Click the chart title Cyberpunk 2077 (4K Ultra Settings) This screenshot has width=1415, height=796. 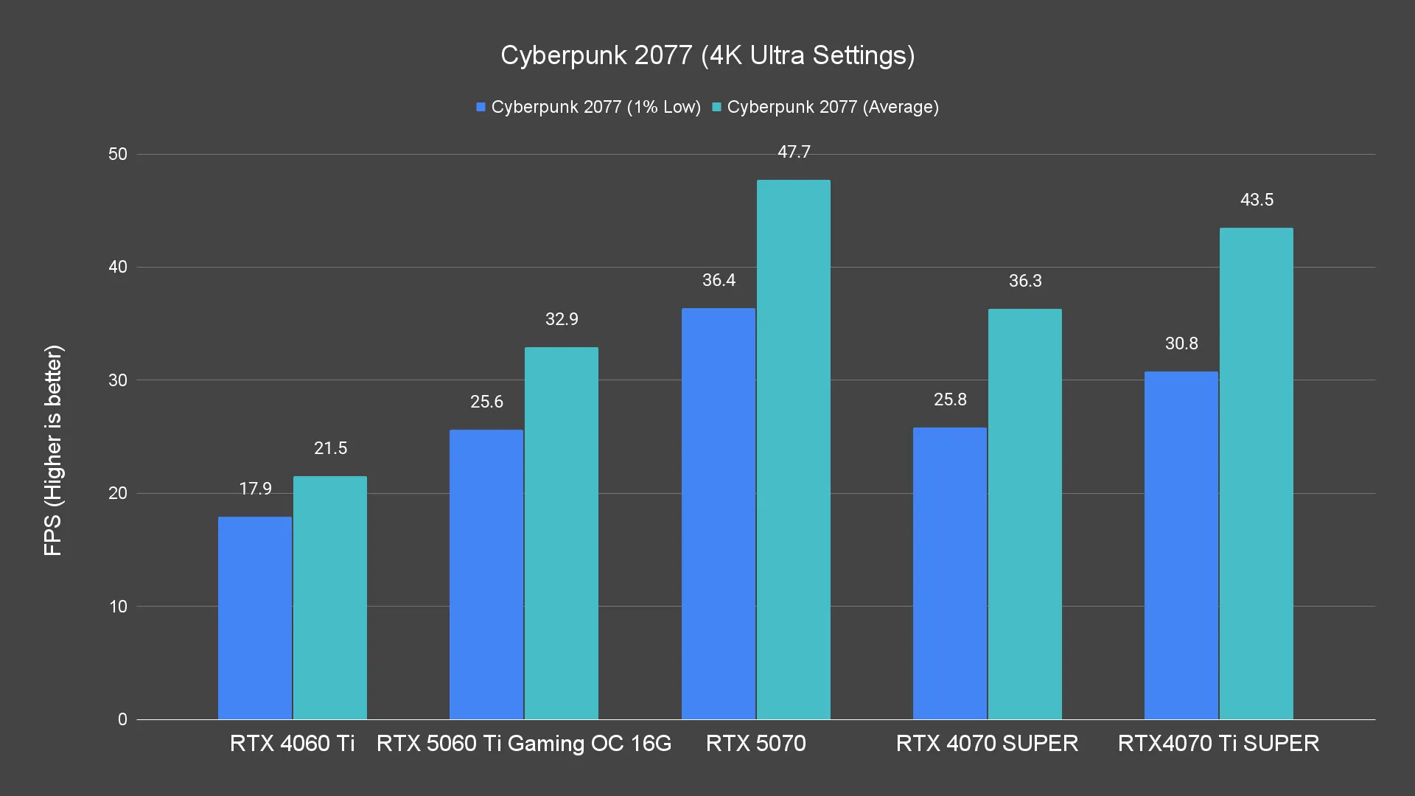tap(707, 55)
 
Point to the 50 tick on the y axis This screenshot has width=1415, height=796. tap(118, 154)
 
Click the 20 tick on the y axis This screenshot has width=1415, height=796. tap(118, 493)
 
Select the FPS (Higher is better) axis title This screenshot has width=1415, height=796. tap(53, 450)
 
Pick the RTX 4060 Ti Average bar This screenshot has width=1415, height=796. tap(330, 597)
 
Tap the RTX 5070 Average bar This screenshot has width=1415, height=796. tap(794, 450)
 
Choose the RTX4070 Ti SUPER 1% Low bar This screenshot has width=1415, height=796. tap(1181, 545)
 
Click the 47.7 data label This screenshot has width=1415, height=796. tap(794, 152)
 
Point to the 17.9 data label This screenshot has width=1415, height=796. tap(255, 489)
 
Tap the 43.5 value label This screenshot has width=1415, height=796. tap(1257, 200)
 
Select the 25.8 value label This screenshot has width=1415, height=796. tap(950, 399)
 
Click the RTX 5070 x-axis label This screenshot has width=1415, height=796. tap(756, 743)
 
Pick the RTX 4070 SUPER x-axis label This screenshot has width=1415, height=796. tap(987, 743)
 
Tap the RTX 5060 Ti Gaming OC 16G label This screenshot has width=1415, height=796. tap(524, 743)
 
